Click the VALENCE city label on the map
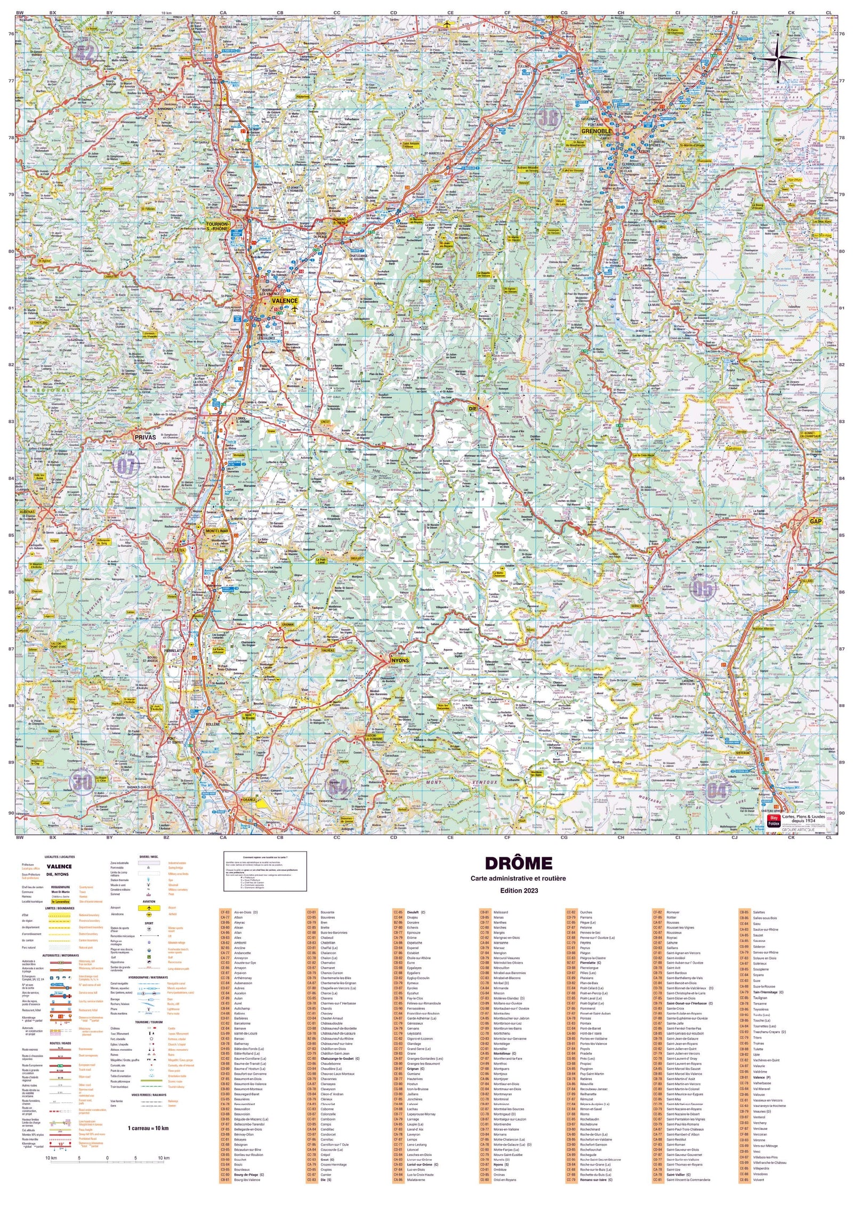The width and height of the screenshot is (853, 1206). click(x=285, y=301)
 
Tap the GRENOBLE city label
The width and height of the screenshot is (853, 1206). click(x=597, y=131)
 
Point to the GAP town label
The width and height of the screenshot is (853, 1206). click(x=815, y=521)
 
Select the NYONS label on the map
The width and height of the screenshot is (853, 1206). click(x=400, y=660)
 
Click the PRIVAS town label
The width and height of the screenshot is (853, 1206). click(x=145, y=437)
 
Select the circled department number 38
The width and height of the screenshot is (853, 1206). click(x=548, y=117)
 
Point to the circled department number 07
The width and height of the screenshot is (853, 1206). click(x=126, y=467)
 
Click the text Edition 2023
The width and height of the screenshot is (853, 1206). click(x=518, y=890)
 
